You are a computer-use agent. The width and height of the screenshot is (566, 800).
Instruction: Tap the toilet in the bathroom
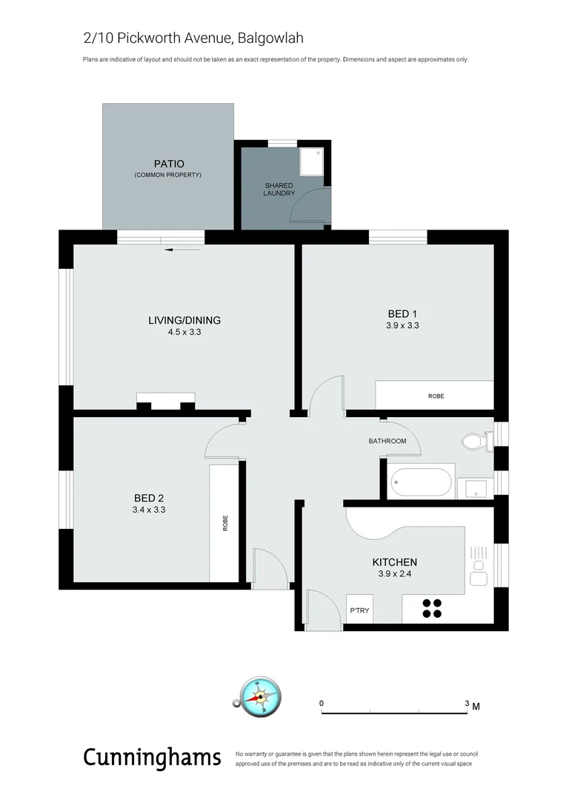coord(474,443)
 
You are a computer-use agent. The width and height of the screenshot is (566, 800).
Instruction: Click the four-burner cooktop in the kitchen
coord(433,608)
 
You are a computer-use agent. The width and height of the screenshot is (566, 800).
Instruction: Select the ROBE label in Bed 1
coord(436,396)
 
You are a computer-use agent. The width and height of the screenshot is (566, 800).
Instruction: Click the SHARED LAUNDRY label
coord(279,189)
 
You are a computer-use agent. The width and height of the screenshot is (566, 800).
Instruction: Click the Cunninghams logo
coord(152,757)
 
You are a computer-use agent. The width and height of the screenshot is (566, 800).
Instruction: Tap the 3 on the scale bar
coord(467,703)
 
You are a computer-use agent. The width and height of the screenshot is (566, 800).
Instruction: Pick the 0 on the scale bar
coord(322,703)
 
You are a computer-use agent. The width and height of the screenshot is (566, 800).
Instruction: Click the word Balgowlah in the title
coord(272,37)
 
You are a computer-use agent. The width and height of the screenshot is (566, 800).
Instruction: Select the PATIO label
coord(168,164)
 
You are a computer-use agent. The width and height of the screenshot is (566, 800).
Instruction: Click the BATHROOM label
coord(387,441)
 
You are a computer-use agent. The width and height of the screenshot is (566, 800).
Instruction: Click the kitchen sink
coord(479,580)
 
